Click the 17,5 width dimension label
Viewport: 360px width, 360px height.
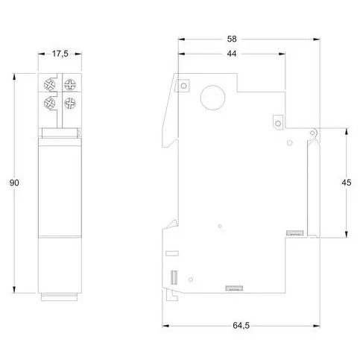pos(60,53)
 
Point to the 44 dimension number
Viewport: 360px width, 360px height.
pos(231,54)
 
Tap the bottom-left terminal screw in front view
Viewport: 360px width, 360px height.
pos(51,102)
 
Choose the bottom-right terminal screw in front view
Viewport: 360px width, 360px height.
pos(70,102)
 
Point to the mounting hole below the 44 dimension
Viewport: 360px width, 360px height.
pos(278,120)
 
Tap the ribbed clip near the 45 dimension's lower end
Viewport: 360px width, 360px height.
pos(294,234)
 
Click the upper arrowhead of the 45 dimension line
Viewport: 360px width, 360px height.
pos(347,130)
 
